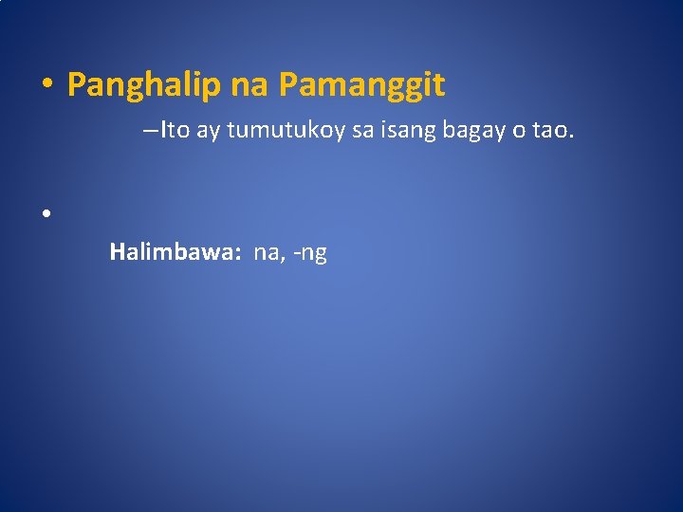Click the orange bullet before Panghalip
click(x=46, y=86)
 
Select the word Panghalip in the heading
click(x=144, y=86)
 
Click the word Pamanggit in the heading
click(x=361, y=86)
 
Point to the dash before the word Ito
click(x=152, y=130)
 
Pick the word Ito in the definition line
click(x=175, y=130)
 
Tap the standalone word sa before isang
click(x=362, y=130)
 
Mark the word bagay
click(x=474, y=131)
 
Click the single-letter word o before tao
click(x=519, y=131)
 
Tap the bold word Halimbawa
click(x=174, y=252)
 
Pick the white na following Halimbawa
click(x=266, y=253)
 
